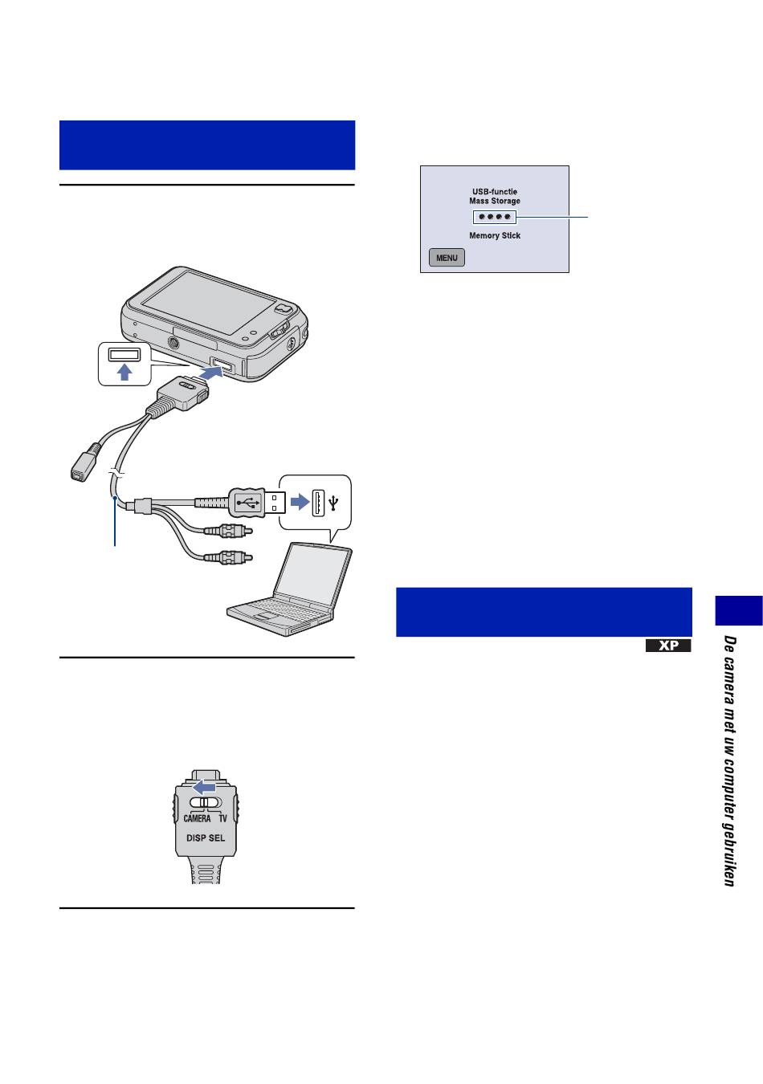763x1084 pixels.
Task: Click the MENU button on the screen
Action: point(447,258)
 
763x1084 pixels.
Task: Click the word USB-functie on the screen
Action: point(494,192)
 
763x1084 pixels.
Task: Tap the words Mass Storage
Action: point(494,201)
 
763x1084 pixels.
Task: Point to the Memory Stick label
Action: point(494,236)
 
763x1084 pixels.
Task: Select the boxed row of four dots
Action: point(494,217)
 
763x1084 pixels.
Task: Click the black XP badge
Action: point(668,646)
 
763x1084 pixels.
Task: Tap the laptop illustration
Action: point(291,590)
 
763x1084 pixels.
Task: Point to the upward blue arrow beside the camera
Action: point(125,372)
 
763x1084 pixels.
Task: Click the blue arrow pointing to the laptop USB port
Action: point(300,501)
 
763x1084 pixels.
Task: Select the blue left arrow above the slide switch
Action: point(204,788)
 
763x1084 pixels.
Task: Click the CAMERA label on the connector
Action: point(197,818)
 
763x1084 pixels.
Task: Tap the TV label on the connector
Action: point(222,818)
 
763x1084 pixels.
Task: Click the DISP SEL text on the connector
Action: point(206,838)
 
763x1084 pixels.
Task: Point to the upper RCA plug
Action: point(228,532)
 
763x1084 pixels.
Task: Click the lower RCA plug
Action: point(228,557)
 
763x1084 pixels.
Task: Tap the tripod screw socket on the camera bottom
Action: point(173,343)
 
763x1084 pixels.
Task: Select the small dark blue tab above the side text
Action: point(739,610)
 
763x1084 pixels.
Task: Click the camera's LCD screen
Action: point(208,301)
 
